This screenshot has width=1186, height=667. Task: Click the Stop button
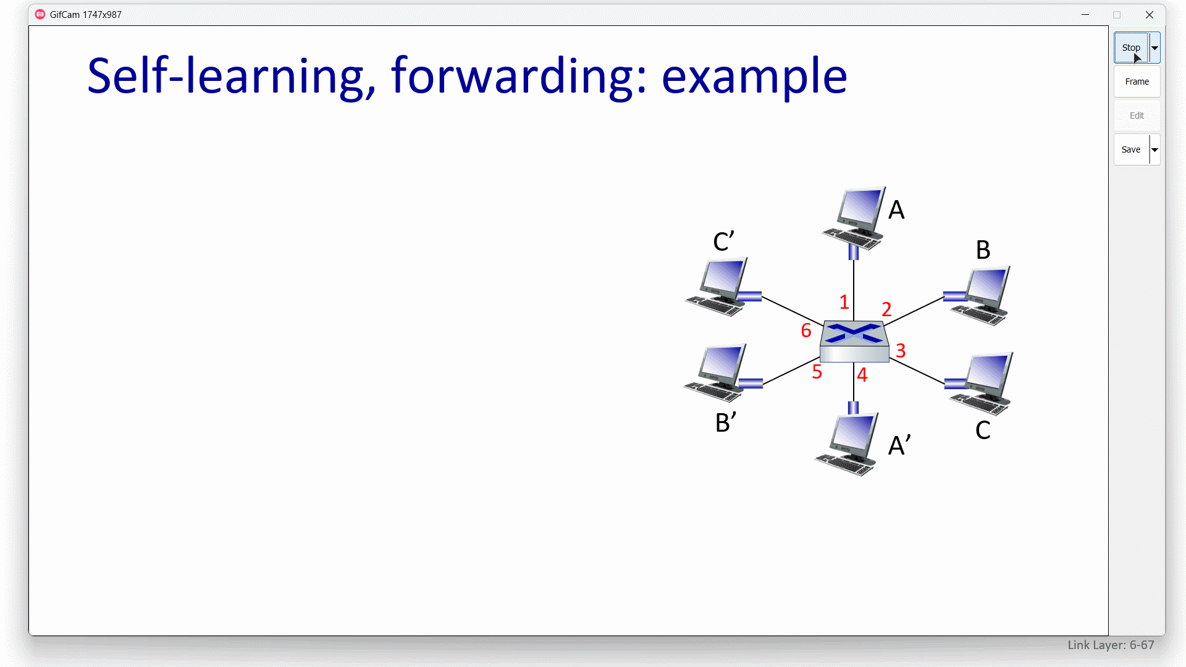click(x=1131, y=48)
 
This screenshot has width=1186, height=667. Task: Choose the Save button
click(x=1131, y=149)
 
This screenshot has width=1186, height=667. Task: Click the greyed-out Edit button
click(x=1137, y=115)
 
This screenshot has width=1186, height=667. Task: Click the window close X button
click(x=1150, y=15)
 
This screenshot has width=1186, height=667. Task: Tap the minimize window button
click(x=1085, y=15)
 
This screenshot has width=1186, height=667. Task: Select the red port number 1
click(x=844, y=302)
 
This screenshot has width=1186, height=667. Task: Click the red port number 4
click(x=862, y=375)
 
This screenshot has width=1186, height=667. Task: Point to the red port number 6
click(x=806, y=330)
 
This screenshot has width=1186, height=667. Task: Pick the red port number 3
click(x=901, y=351)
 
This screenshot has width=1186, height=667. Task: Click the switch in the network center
click(x=854, y=341)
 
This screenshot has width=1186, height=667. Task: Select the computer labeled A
click(x=854, y=219)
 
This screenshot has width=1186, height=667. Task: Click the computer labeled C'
click(x=718, y=287)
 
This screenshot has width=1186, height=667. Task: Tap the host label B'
click(x=726, y=423)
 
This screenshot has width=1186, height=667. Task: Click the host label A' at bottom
click(x=899, y=445)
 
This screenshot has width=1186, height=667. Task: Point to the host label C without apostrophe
click(x=983, y=430)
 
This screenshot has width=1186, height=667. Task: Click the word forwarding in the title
click(x=519, y=76)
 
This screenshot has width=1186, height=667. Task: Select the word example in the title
click(x=754, y=76)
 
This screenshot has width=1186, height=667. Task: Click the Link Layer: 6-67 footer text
click(x=1111, y=645)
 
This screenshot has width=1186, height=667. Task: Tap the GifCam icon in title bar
click(x=40, y=14)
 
